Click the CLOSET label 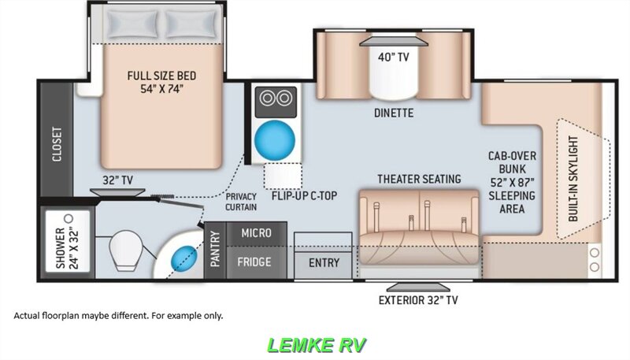(57, 144)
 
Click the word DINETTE (394, 113)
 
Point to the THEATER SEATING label (418, 179)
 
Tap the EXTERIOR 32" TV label (417, 299)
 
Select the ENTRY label (324, 262)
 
